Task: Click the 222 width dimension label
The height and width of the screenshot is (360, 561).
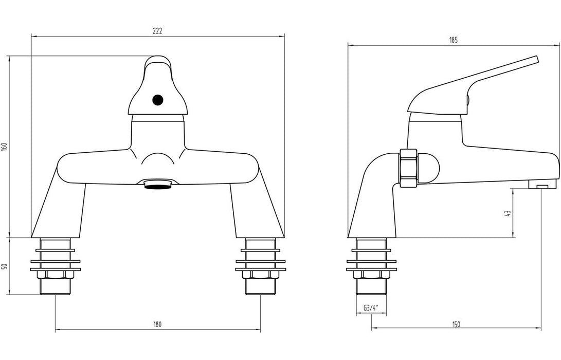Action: click(157, 31)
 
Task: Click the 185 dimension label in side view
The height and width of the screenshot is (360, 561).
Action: click(453, 40)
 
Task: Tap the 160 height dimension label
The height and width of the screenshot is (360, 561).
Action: click(5, 147)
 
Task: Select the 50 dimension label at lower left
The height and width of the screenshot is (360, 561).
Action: click(5, 266)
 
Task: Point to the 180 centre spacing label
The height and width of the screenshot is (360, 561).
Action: click(157, 324)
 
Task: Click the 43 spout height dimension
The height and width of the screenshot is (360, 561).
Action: click(508, 213)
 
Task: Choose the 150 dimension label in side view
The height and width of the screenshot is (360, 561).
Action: click(457, 324)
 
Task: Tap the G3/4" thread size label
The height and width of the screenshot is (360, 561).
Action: click(371, 308)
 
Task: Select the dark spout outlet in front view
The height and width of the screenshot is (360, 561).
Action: click(158, 185)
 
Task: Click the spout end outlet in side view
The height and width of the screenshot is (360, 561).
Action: click(543, 186)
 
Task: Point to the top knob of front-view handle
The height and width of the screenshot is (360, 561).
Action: click(158, 64)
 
